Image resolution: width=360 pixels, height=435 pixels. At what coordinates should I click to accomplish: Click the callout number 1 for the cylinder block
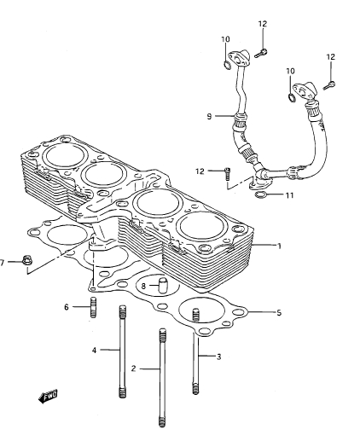(279, 246)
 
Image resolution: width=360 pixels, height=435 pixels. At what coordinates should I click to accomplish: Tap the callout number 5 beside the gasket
(279, 313)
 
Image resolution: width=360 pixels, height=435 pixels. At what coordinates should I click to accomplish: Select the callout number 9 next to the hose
(209, 116)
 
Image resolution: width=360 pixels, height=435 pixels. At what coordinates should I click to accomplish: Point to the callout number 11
(289, 195)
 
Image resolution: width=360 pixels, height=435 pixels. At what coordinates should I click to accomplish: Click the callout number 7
(3, 263)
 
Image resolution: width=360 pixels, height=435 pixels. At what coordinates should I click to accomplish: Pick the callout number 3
(218, 357)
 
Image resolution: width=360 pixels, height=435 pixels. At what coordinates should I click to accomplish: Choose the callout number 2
(134, 368)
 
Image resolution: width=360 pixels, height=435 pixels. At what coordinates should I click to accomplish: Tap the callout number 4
(95, 351)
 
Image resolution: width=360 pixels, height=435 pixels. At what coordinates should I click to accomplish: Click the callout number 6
(67, 307)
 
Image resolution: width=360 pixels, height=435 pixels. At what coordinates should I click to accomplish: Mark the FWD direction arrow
(48, 396)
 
